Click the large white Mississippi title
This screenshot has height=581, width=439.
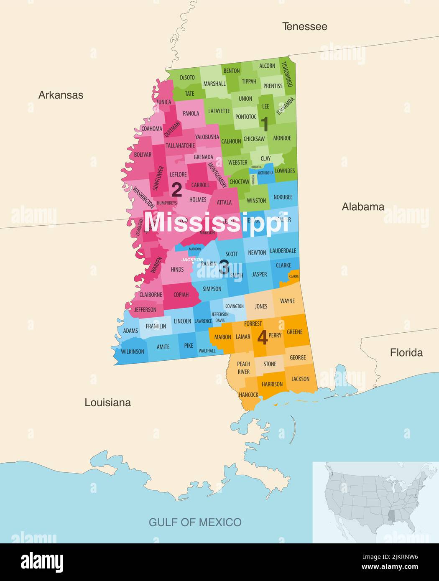[x=216, y=222]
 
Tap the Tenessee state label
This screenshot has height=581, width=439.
[x=304, y=26]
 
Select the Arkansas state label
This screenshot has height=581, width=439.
[x=61, y=95]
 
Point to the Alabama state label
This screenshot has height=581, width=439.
[x=362, y=206]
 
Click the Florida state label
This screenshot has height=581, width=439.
[x=406, y=352]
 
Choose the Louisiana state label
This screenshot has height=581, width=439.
[x=107, y=403]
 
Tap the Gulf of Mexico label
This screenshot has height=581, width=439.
[x=195, y=522]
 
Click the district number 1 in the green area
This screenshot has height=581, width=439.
[x=264, y=124]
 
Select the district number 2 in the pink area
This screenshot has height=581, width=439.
[x=176, y=190]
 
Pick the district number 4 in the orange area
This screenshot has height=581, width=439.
[x=262, y=337]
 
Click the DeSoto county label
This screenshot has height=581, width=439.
[x=187, y=77]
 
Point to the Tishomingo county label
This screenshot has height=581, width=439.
[x=286, y=74]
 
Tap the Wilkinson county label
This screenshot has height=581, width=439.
[x=132, y=352]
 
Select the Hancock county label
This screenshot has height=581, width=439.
[x=248, y=395]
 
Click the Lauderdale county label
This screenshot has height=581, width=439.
[x=283, y=251]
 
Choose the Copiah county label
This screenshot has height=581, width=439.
[x=181, y=295]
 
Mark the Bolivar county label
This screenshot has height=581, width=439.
[x=143, y=155]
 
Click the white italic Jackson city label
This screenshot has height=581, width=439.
[x=192, y=260]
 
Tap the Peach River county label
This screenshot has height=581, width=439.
[x=243, y=368]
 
